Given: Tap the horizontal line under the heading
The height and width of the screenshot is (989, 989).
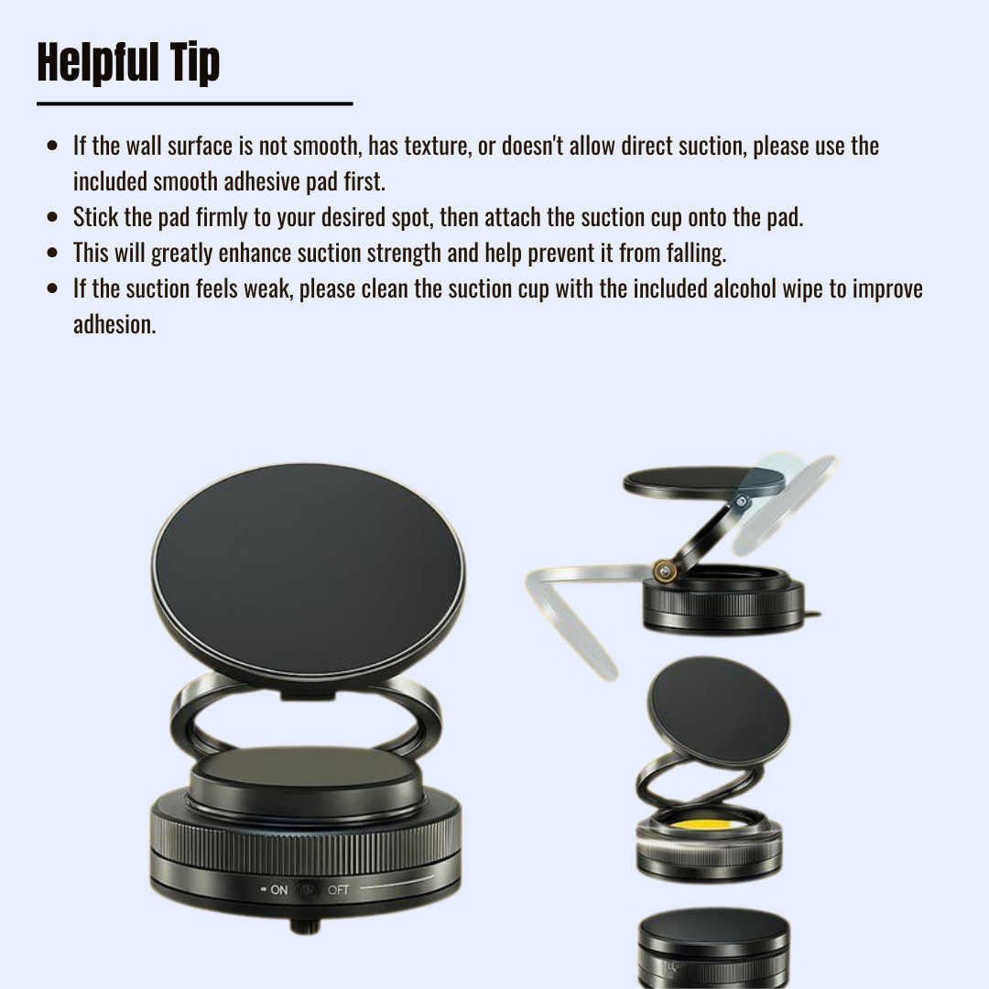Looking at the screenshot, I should click(x=194, y=104).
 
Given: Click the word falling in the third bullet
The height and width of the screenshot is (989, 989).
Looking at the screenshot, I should click(x=695, y=253).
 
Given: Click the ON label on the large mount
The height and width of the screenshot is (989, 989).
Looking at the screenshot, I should click(x=278, y=889).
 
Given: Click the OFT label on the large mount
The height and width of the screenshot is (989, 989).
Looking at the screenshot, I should click(x=338, y=889).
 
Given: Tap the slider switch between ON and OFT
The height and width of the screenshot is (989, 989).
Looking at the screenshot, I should click(x=308, y=889).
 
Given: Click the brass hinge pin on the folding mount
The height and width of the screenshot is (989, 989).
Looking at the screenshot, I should click(x=661, y=571).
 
